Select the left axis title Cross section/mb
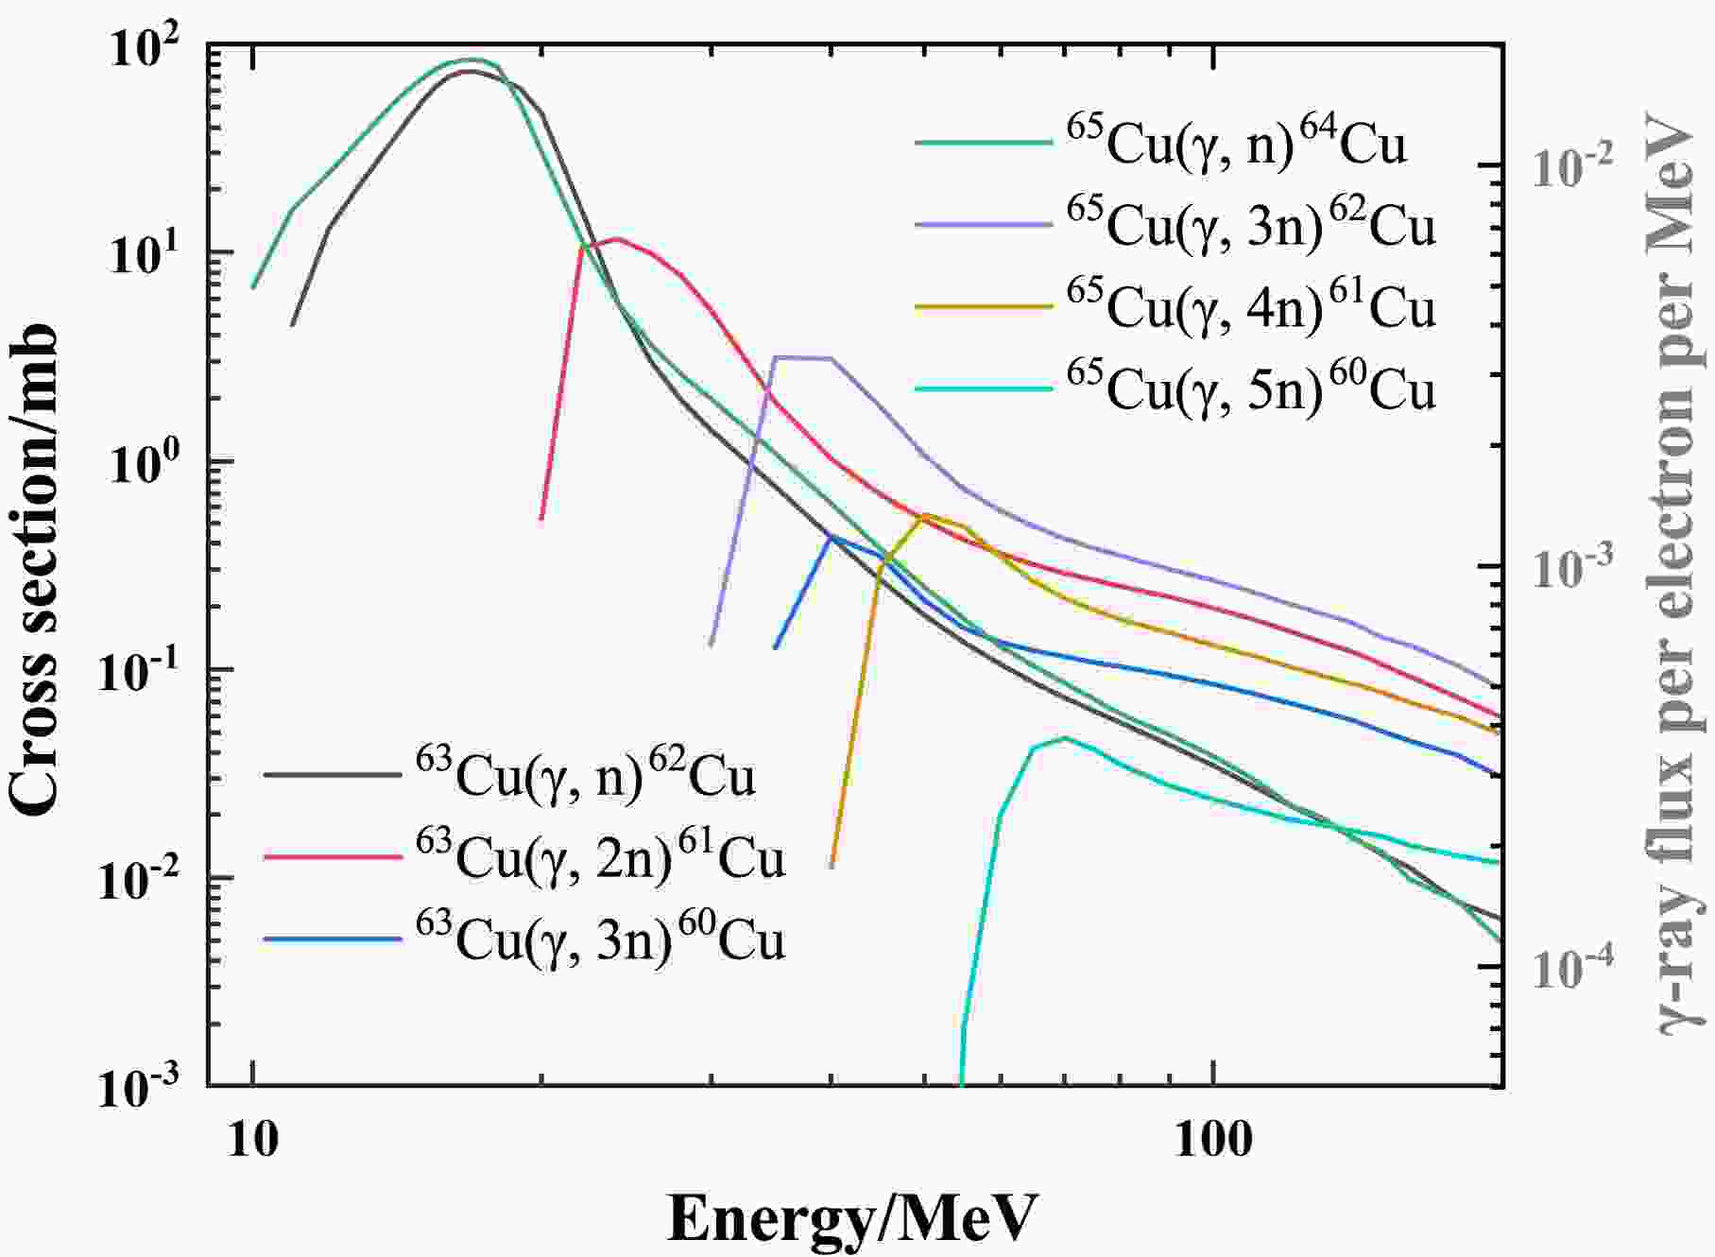click(x=36, y=567)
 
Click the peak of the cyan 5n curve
click(x=1064, y=738)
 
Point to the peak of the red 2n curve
click(x=616, y=239)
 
